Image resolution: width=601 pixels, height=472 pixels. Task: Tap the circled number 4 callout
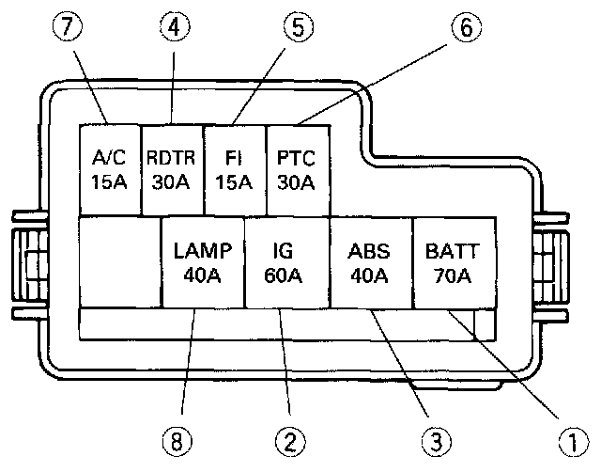coord(173,27)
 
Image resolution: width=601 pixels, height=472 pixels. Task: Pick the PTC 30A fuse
coord(297,167)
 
